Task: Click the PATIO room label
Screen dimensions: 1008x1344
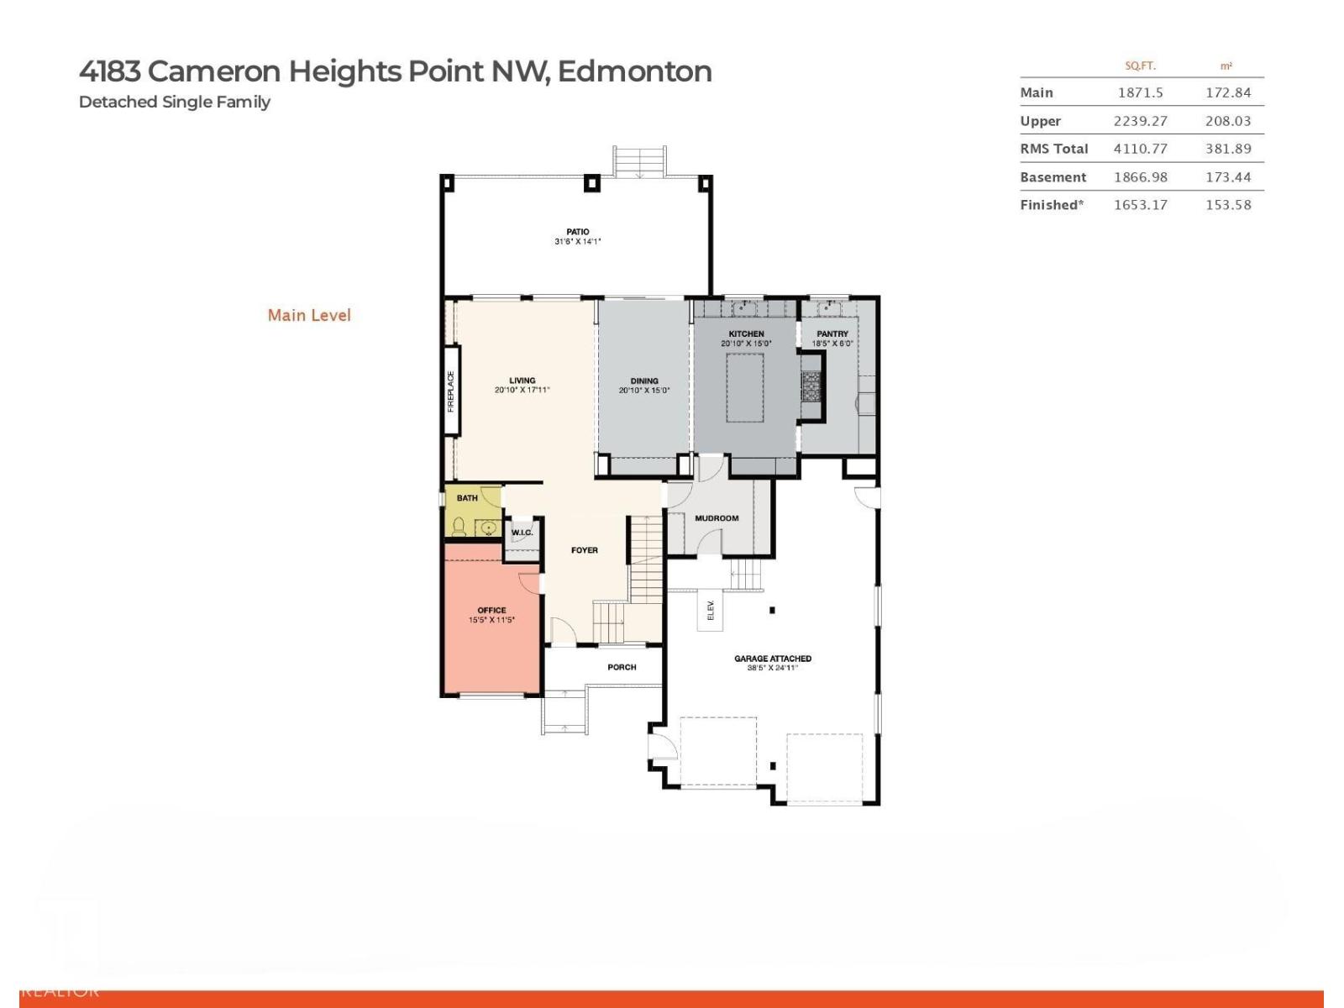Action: click(577, 232)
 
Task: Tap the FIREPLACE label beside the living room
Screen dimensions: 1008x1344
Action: click(451, 391)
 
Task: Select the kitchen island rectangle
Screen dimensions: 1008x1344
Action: click(745, 387)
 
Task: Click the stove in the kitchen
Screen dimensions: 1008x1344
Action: click(811, 387)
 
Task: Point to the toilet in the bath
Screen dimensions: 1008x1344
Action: click(459, 528)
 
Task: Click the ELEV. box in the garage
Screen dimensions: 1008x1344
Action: click(710, 611)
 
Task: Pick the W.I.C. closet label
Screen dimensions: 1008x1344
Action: click(522, 533)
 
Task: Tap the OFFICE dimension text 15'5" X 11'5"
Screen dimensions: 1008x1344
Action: click(491, 621)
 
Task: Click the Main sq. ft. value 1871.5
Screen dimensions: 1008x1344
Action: click(1140, 92)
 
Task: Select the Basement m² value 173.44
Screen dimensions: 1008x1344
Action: click(1227, 177)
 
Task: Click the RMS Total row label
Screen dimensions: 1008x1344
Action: click(1053, 149)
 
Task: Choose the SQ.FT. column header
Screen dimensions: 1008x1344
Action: click(1140, 66)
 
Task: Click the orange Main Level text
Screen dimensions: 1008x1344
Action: click(309, 315)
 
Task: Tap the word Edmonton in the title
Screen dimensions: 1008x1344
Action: click(634, 71)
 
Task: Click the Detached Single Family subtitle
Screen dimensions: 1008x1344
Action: click(174, 102)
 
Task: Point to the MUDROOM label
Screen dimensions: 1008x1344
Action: click(717, 518)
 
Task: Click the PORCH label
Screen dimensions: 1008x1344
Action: click(622, 667)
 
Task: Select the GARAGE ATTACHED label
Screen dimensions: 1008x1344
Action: click(772, 659)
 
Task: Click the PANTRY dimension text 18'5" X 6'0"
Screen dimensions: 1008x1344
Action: click(832, 344)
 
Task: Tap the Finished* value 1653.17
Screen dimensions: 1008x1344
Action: click(1140, 205)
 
